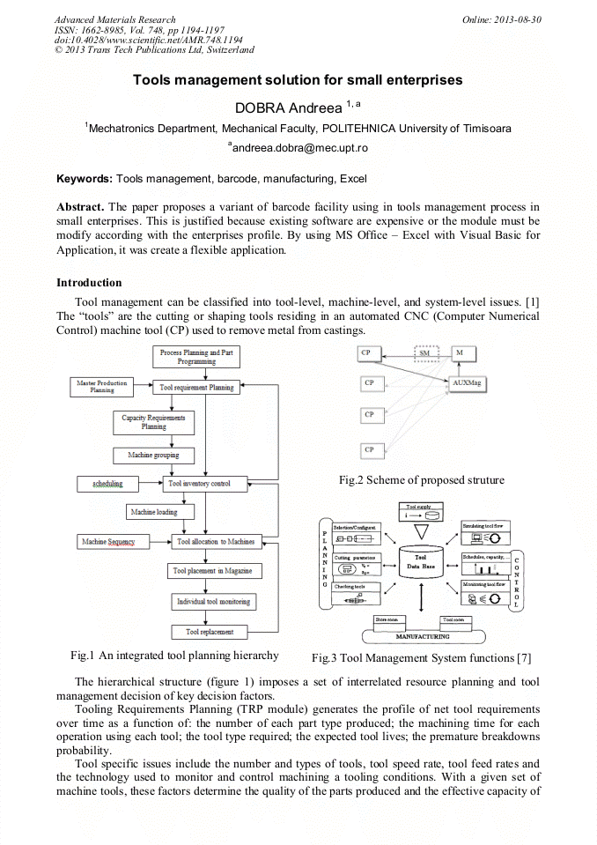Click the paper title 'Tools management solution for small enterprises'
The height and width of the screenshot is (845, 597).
point(298,80)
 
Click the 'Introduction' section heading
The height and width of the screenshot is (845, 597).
point(89,283)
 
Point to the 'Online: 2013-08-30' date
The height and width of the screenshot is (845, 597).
point(502,19)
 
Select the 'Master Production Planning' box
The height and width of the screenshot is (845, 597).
point(102,387)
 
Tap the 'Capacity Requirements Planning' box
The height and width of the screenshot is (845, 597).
point(154,422)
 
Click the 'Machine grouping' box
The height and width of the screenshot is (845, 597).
point(154,455)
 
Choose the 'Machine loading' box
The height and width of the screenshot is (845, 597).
point(154,512)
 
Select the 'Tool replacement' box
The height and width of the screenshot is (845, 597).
point(210,632)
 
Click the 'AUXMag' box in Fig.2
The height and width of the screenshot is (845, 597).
point(467,383)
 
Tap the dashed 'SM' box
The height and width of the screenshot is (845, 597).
point(425,353)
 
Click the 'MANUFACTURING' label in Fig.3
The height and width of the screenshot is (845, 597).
point(422,636)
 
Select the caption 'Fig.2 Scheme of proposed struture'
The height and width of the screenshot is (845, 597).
point(422,480)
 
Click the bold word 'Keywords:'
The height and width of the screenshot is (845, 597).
point(85,179)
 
